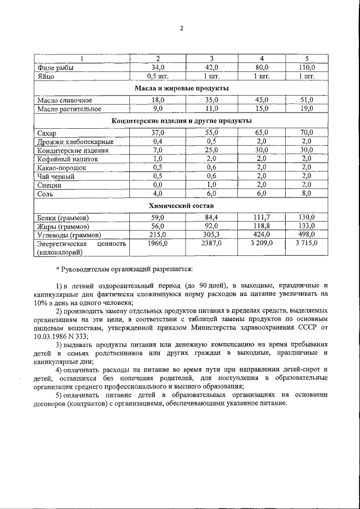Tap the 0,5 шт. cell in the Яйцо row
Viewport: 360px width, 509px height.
pyautogui.click(x=157, y=76)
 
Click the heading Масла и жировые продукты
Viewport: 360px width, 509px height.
pyautogui.click(x=182, y=88)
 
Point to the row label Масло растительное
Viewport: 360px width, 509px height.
pyautogui.click(x=69, y=109)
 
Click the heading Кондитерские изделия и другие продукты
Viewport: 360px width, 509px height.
pyautogui.click(x=182, y=121)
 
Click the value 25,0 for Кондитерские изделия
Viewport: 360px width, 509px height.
pyautogui.click(x=211, y=150)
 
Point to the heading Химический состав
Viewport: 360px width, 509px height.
pyautogui.click(x=182, y=206)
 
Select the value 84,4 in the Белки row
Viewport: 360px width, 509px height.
pyautogui.click(x=211, y=218)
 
